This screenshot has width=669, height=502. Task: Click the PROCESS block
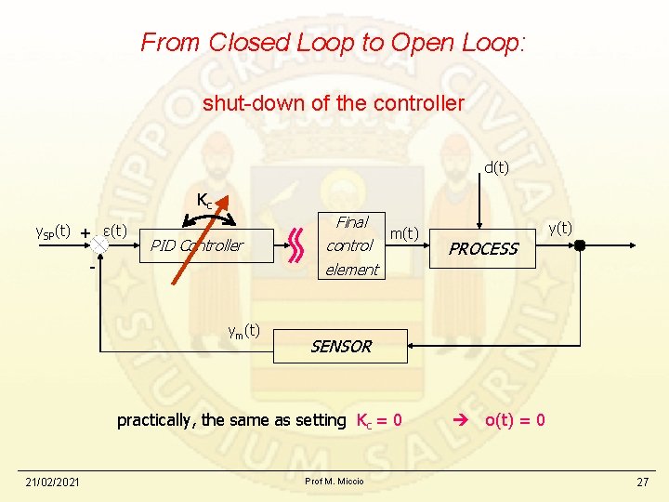click(483, 248)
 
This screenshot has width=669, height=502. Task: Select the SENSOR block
click(340, 346)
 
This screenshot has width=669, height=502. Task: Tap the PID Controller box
click(196, 245)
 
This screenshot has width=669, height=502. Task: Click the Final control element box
click(351, 245)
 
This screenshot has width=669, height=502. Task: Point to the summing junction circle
click(100, 238)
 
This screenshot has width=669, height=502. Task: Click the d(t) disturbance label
click(496, 167)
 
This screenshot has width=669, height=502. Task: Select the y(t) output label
click(560, 226)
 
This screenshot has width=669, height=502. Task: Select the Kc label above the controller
click(205, 199)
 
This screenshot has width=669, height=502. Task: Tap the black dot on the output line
click(579, 246)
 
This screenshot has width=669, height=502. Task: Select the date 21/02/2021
click(52, 482)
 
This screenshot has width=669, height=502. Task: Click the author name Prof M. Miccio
click(334, 481)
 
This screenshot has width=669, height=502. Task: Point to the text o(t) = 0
click(515, 420)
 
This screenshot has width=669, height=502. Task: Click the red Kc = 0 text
click(379, 420)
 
